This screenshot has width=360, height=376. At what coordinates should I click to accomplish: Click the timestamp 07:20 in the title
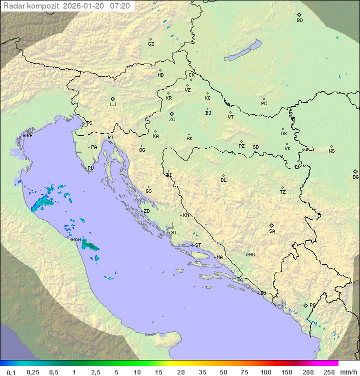(120, 6)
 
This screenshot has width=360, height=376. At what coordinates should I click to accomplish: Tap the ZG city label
(172, 120)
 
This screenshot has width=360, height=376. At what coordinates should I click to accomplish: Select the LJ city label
(113, 105)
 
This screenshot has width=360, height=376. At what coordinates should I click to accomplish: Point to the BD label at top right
(299, 21)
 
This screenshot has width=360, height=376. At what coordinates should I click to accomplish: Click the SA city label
(272, 231)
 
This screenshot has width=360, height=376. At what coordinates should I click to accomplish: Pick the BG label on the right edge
(355, 177)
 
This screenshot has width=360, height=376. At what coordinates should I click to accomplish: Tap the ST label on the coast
(198, 245)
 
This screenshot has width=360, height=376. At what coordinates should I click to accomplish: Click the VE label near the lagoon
(29, 136)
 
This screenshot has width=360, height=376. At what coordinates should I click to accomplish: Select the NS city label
(331, 151)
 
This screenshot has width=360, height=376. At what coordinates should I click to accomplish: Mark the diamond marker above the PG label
(305, 305)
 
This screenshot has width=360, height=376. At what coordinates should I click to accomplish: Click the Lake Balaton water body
(243, 51)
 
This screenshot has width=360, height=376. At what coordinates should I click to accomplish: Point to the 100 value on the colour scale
(265, 372)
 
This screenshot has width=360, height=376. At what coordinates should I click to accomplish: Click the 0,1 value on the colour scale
(11, 372)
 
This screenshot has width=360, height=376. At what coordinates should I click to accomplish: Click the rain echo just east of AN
(90, 245)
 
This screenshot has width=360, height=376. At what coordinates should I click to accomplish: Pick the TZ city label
(283, 192)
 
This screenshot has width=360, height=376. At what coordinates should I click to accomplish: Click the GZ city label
(151, 44)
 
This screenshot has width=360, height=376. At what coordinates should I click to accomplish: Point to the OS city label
(283, 134)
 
